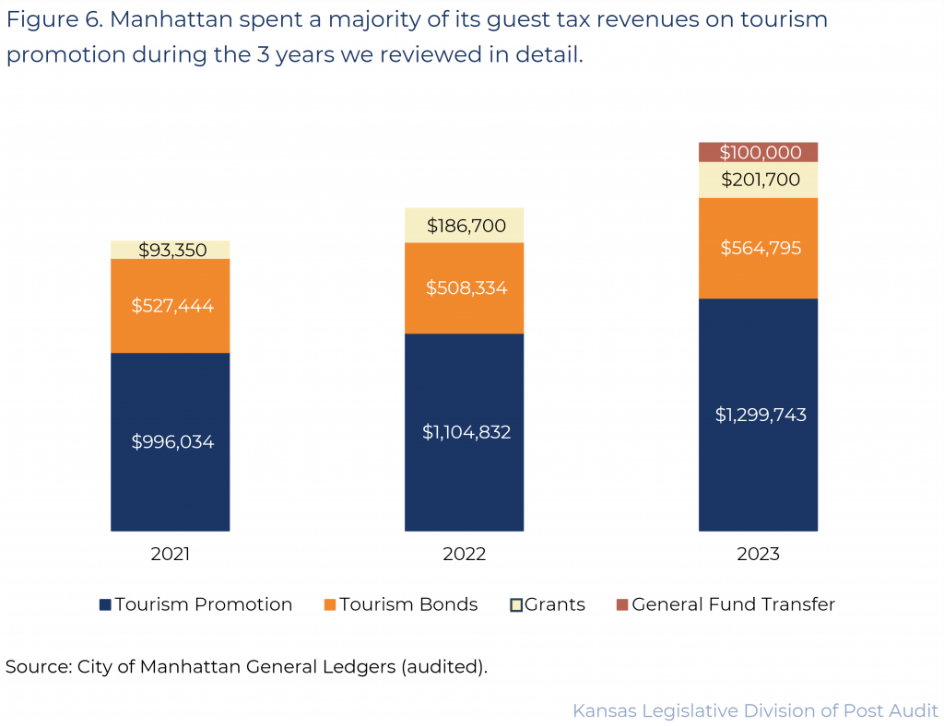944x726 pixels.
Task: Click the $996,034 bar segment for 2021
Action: tap(170, 441)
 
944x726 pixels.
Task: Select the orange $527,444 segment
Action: tap(170, 305)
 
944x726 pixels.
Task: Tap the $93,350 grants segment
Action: tap(170, 250)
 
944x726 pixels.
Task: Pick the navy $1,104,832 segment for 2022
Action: tap(464, 432)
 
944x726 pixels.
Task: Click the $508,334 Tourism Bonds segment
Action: tap(464, 287)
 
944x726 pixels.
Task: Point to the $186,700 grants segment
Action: tap(464, 225)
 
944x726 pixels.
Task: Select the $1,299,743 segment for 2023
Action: tap(758, 415)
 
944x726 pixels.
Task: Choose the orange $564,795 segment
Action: tap(758, 248)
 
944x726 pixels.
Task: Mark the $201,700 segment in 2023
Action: tap(758, 180)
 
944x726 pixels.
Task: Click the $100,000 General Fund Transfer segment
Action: tap(758, 152)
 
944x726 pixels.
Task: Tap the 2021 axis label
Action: tap(170, 555)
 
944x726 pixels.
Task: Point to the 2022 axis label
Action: tap(464, 555)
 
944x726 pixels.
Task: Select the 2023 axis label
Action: tap(758, 555)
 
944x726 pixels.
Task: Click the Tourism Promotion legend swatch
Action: tap(106, 605)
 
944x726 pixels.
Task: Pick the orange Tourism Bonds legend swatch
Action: tap(330, 605)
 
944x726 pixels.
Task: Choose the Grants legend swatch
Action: tap(517, 605)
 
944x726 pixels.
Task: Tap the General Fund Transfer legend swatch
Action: tap(622, 605)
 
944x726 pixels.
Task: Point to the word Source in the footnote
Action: tap(37, 666)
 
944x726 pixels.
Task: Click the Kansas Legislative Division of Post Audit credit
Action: tap(755, 710)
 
